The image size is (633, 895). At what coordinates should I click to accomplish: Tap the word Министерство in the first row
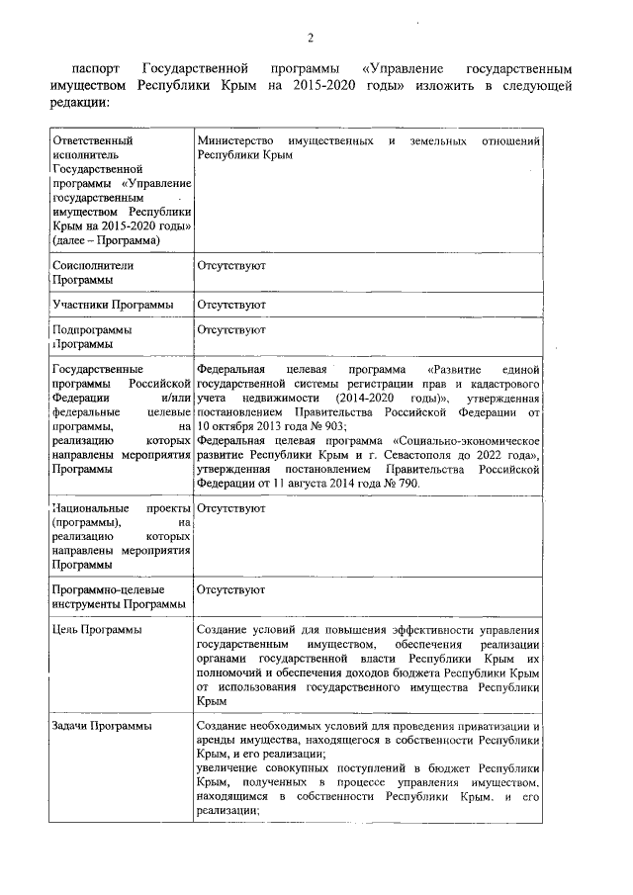tap(237, 141)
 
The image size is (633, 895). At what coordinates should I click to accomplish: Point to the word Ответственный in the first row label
tap(92, 141)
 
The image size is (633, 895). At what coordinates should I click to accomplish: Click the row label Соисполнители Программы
tap(92, 273)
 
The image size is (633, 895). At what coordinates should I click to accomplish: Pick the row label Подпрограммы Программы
tap(91, 336)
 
